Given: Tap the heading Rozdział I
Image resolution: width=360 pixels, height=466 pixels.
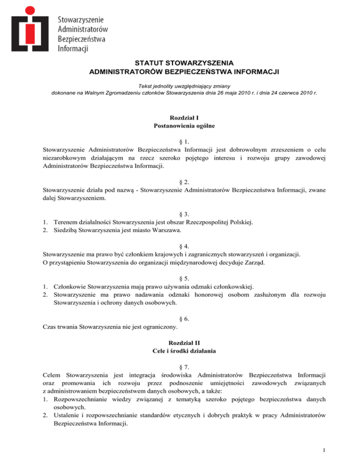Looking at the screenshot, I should [180, 117].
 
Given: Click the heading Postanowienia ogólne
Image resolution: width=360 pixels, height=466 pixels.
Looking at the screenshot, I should [180, 126].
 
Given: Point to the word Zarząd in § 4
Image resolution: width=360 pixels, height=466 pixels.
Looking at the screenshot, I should [254, 263].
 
